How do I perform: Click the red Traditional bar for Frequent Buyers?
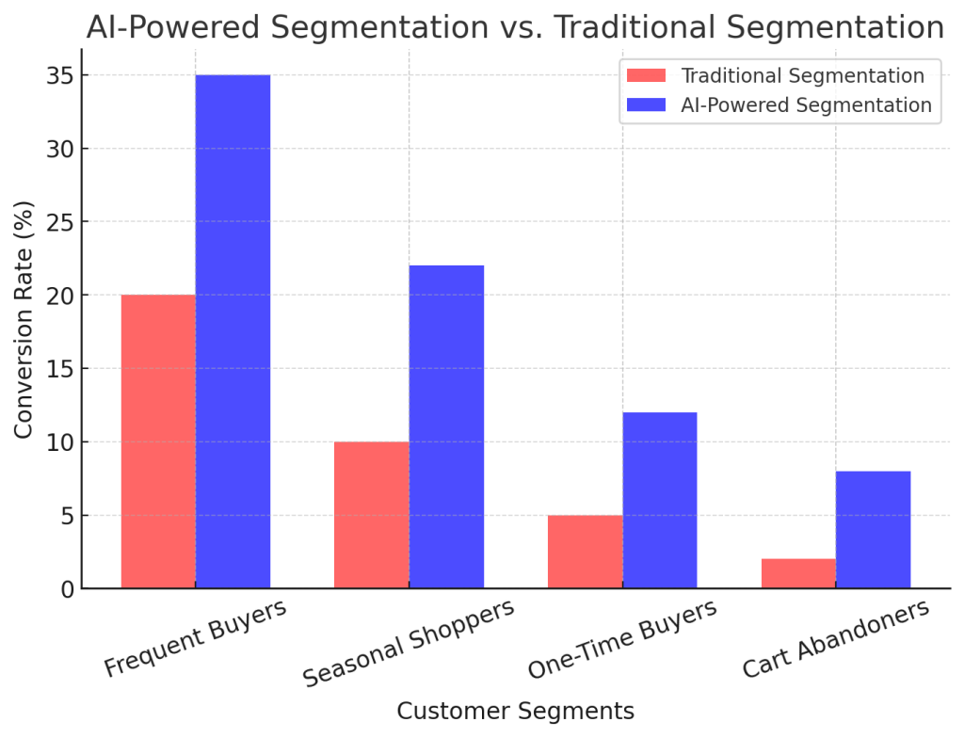point(158,441)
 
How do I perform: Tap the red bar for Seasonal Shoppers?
point(372,515)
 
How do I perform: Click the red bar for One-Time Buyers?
point(585,552)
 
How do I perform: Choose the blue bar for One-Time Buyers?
point(659,500)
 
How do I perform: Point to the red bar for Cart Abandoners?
point(798,573)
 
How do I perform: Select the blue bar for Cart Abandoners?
point(873,529)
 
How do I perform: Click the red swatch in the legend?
point(643,76)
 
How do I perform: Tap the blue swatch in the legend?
point(643,104)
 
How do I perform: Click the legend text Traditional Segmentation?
point(802,76)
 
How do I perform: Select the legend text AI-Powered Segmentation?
point(806,104)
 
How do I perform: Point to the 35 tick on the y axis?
point(58,75)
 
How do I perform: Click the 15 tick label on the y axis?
point(58,369)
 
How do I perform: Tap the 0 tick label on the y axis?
point(65,589)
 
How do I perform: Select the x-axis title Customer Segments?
point(515,711)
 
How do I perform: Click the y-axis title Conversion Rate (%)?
point(25,319)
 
